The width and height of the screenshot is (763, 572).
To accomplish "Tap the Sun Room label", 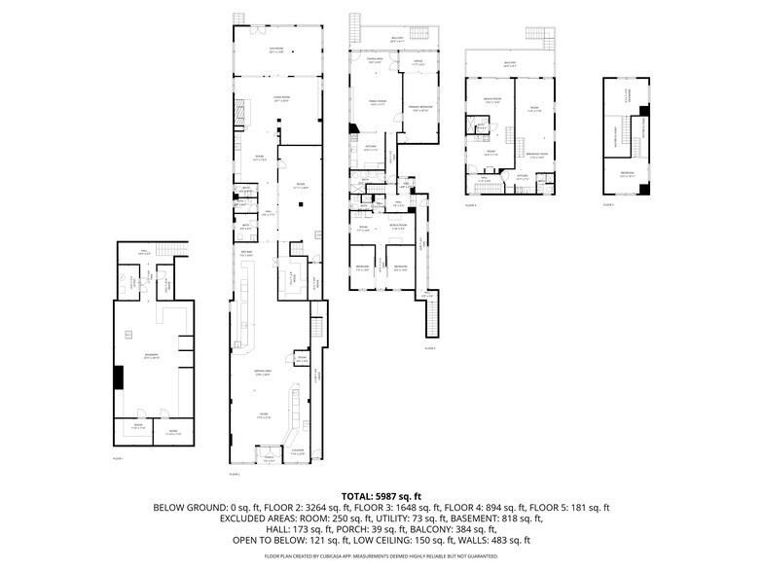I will (x=275, y=48).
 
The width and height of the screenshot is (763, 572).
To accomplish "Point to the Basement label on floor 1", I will (x=152, y=355).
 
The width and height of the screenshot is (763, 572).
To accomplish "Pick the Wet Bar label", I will (x=246, y=254).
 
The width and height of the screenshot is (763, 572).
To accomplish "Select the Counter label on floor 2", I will (x=297, y=451).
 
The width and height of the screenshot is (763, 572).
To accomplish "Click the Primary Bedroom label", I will (x=420, y=109).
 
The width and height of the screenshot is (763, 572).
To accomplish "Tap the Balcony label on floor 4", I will (x=510, y=64).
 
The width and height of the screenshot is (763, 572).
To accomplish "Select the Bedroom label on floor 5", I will (x=626, y=175).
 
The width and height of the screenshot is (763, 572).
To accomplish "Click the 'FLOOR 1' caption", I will (x=118, y=457).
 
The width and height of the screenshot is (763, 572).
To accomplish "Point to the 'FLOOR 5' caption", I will (x=608, y=205).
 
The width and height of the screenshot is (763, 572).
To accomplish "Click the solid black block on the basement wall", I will (x=119, y=376).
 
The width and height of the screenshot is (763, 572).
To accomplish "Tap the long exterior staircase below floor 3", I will (x=431, y=316).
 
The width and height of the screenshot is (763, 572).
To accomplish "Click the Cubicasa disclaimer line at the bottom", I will (x=381, y=556).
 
